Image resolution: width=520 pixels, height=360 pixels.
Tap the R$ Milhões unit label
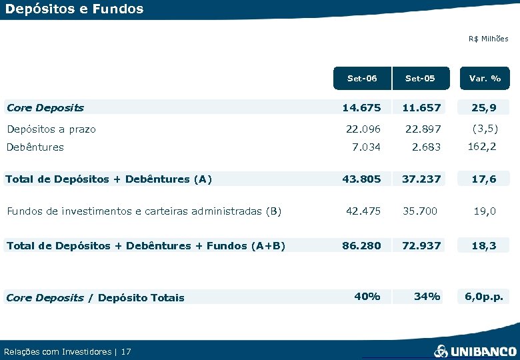coord(488,39)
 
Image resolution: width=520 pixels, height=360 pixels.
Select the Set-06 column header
coord(362,78)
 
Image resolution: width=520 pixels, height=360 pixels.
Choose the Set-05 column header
coord(420,78)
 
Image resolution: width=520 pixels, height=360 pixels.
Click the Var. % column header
coord(485,78)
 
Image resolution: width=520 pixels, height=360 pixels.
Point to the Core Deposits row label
coord(45,107)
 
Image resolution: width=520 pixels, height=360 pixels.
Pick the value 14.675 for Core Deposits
coord(361,107)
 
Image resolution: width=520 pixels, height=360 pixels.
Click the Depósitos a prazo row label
coord(51,129)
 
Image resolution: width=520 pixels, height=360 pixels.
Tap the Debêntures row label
coord(35,147)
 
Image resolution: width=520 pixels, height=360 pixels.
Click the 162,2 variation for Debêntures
coord(482,146)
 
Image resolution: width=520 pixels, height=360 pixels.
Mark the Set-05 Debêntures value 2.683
coord(426,147)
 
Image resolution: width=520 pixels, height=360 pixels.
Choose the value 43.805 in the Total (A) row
coord(361,179)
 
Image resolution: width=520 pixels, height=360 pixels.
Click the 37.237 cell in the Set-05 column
coord(421,179)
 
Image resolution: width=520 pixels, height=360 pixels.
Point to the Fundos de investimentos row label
coord(143,211)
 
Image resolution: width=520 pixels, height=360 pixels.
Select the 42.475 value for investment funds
coord(363,211)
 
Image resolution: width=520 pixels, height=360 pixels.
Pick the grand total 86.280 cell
coord(361,245)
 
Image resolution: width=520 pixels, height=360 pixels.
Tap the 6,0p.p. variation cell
coord(483,297)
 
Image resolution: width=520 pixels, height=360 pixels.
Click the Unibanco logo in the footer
coord(475,351)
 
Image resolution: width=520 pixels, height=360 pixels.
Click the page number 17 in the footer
coord(127,351)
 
